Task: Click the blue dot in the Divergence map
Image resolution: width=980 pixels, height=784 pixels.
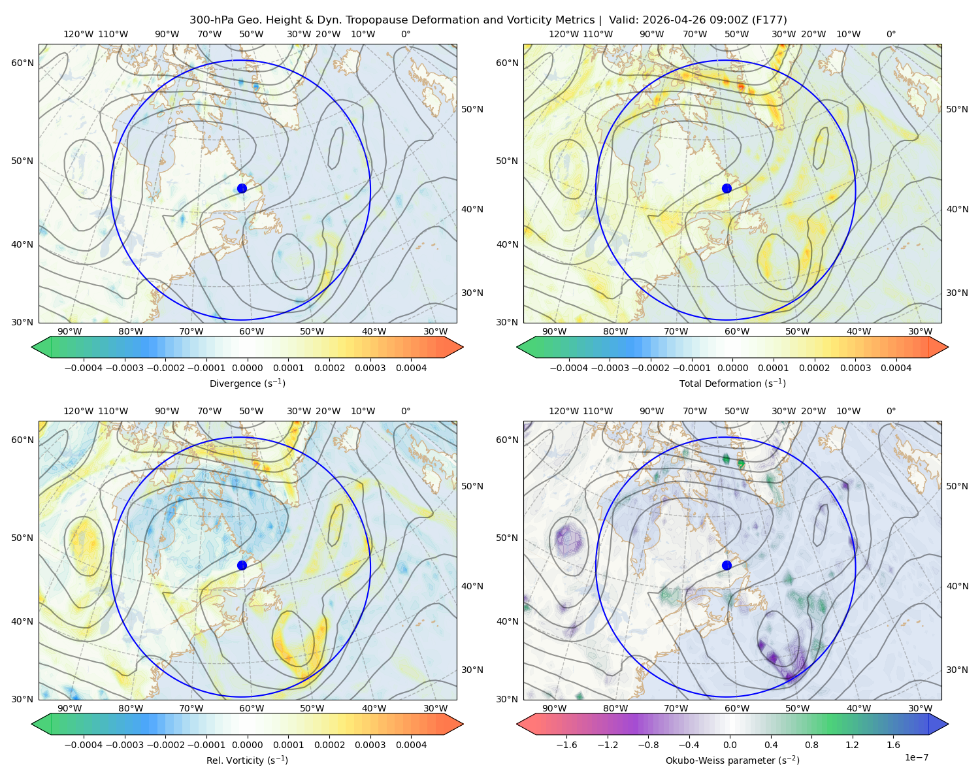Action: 242,188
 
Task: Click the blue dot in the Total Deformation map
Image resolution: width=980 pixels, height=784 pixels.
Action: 727,188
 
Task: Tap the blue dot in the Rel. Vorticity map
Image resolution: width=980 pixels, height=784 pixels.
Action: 242,565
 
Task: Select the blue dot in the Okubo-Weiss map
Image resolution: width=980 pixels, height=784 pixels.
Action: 727,565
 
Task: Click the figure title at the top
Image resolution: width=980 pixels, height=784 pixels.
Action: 488,20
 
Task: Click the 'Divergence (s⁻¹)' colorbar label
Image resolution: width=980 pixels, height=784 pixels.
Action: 247,383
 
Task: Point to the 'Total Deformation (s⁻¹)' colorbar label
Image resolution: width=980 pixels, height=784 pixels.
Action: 732,383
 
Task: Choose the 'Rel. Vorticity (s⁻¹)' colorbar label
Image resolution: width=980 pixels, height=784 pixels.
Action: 247,760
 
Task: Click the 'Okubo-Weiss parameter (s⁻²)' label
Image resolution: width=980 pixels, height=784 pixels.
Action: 732,760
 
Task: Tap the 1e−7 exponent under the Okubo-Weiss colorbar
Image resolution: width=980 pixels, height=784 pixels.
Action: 916,757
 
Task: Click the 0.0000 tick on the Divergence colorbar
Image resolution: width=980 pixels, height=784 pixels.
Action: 247,368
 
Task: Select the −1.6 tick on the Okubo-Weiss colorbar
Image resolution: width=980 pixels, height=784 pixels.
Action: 566,745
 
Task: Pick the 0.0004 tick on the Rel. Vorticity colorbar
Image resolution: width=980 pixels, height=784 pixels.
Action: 411,745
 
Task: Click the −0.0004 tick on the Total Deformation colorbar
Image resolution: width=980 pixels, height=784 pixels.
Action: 569,368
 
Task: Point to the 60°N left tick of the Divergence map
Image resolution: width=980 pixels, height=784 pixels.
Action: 22,63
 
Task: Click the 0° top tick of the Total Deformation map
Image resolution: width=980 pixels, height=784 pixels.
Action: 891,34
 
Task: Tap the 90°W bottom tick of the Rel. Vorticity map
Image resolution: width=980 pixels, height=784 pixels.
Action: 70,708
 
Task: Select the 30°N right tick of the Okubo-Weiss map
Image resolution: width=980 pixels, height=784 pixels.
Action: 957,670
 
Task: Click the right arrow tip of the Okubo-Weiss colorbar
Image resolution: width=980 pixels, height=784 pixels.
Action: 948,724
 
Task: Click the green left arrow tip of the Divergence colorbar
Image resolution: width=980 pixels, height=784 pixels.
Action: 32,347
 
